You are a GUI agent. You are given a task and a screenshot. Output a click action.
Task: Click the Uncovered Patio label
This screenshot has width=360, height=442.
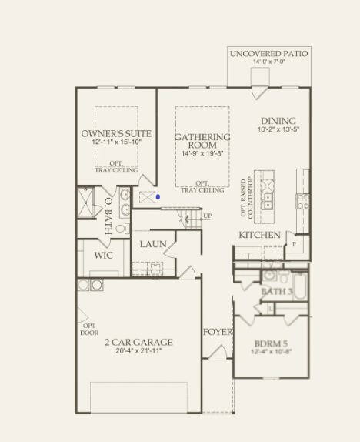coord(269,54)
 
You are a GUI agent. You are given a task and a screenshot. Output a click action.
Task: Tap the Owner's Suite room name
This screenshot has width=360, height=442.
coord(116,133)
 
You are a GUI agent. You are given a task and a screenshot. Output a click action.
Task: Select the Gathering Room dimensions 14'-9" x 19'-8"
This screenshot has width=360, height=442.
coord(202,153)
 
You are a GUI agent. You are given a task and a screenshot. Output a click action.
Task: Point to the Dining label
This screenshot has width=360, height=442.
coord(278,121)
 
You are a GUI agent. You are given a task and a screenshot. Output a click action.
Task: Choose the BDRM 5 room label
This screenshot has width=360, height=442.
coord(272,344)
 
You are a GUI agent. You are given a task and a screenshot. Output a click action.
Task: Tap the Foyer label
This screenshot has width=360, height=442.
coord(218,332)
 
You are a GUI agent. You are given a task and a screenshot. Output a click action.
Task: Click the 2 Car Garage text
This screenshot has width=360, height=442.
coord(139,342)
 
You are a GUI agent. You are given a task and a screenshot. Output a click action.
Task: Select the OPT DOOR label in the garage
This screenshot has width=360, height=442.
coord(88,330)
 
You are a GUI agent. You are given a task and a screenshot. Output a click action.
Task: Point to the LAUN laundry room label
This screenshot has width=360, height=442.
coord(153,244)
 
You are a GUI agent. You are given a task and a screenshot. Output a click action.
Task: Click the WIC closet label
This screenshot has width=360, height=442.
coord(104,254)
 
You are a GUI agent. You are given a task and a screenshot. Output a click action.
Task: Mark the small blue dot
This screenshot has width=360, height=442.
coord(158,197)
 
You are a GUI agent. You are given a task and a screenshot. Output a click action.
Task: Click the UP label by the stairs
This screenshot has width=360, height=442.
coord(207,216)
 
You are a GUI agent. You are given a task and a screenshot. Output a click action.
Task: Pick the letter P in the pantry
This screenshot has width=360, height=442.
coord(294,245)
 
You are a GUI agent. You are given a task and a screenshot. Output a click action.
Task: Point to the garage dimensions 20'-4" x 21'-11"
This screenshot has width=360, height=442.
coord(139,351)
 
